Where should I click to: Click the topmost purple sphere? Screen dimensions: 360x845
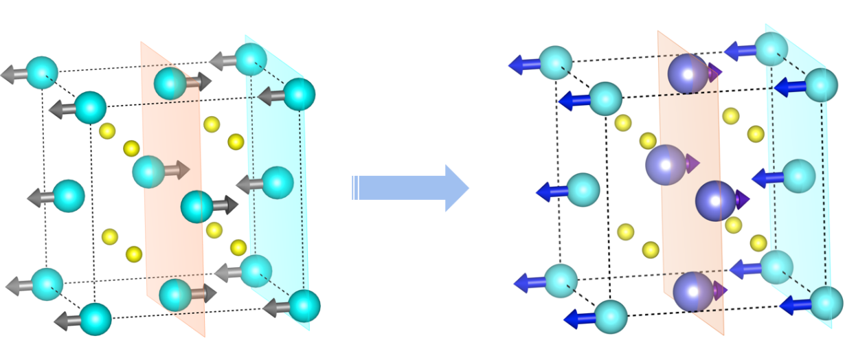point(688,74)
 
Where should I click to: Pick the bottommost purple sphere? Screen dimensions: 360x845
point(693,291)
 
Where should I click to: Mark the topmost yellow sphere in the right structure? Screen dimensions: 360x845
point(731,115)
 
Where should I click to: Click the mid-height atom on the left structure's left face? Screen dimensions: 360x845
point(68,196)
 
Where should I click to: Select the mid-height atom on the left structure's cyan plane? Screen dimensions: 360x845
point(277,182)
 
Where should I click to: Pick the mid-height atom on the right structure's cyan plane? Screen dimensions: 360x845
point(799,176)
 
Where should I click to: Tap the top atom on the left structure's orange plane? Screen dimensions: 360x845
point(170,83)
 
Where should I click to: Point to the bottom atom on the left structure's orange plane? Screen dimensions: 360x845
point(175,295)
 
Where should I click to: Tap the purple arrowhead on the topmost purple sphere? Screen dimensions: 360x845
point(716,71)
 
